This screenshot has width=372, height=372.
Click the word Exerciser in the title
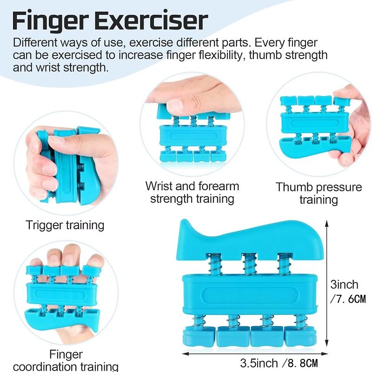pyautogui.click(x=151, y=20)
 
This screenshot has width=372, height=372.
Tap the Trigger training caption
pyautogui.click(x=65, y=226)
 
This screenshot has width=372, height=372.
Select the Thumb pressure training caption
pyautogui.click(x=319, y=193)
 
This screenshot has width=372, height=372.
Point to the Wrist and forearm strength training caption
pyautogui.click(x=192, y=193)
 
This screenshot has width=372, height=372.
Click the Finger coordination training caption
pyautogui.click(x=66, y=361)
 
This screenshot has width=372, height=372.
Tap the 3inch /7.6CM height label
pyautogui.click(x=347, y=292)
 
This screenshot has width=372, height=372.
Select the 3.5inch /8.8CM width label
pyautogui.click(x=279, y=363)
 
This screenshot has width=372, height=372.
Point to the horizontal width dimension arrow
pyautogui.click(x=255, y=354)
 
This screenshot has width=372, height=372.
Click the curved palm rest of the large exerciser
pyautogui.click(x=249, y=239)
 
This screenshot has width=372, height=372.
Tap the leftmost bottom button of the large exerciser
pyautogui.click(x=199, y=336)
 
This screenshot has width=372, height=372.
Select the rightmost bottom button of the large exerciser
pyautogui.click(x=299, y=336)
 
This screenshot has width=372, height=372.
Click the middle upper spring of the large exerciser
pyautogui.click(x=249, y=265)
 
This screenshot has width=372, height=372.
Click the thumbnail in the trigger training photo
pyautogui.click(x=57, y=141)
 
